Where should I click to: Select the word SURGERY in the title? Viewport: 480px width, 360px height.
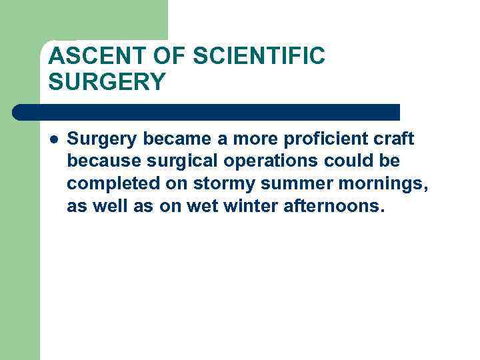[107, 82]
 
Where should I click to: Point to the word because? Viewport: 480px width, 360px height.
[99, 161]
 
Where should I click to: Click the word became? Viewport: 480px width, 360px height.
[175, 139]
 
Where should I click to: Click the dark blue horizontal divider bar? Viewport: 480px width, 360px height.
[207, 112]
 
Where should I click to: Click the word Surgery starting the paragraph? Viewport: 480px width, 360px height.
[101, 139]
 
